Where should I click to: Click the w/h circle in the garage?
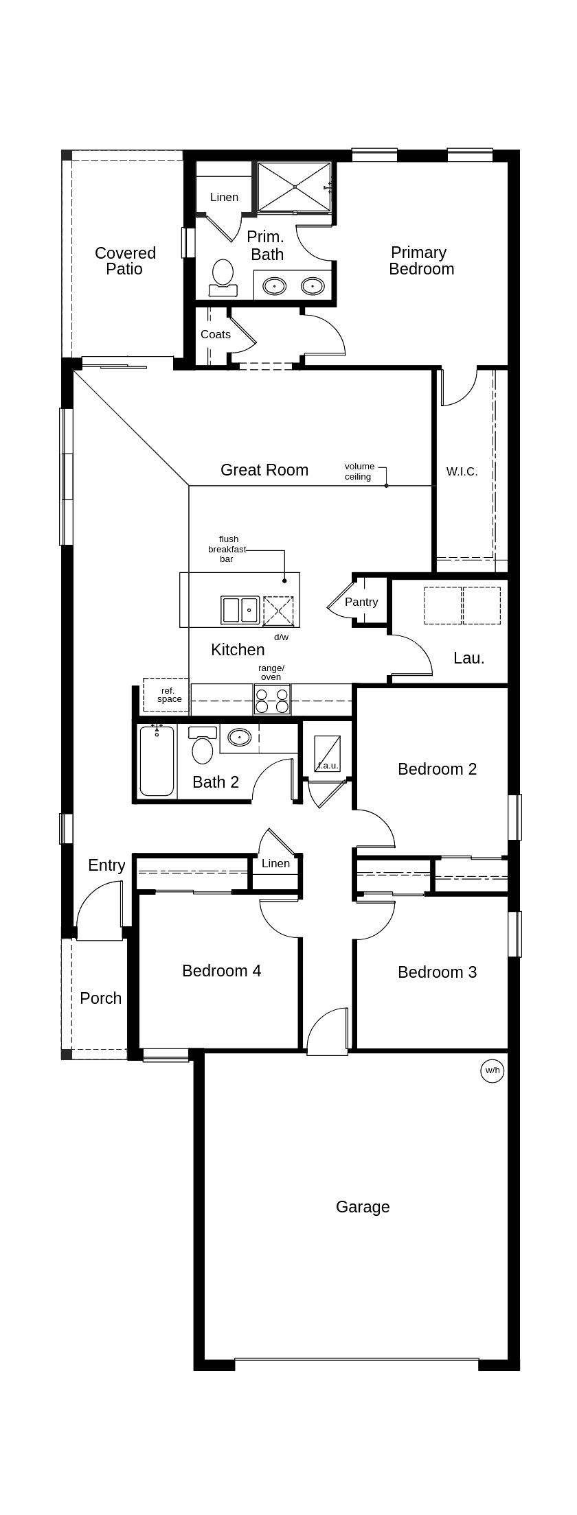tap(492, 1070)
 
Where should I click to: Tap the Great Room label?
tap(264, 470)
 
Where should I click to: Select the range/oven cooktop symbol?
tap(272, 701)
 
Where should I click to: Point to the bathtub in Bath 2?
tap(157, 760)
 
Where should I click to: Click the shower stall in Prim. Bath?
tap(295, 187)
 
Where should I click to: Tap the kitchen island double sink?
tap(240, 610)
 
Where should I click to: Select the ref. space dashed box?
tap(166, 695)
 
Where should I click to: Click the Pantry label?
tap(361, 602)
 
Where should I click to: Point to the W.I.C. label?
tap(462, 471)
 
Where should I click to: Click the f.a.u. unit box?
tap(327, 753)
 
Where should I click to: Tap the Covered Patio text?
tap(125, 261)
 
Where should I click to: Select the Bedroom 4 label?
tap(221, 971)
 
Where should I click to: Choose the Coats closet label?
tap(216, 335)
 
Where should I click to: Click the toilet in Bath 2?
tap(203, 746)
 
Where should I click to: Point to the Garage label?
tap(363, 1207)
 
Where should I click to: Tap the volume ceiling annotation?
tap(359, 471)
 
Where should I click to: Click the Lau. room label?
tap(469, 658)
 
